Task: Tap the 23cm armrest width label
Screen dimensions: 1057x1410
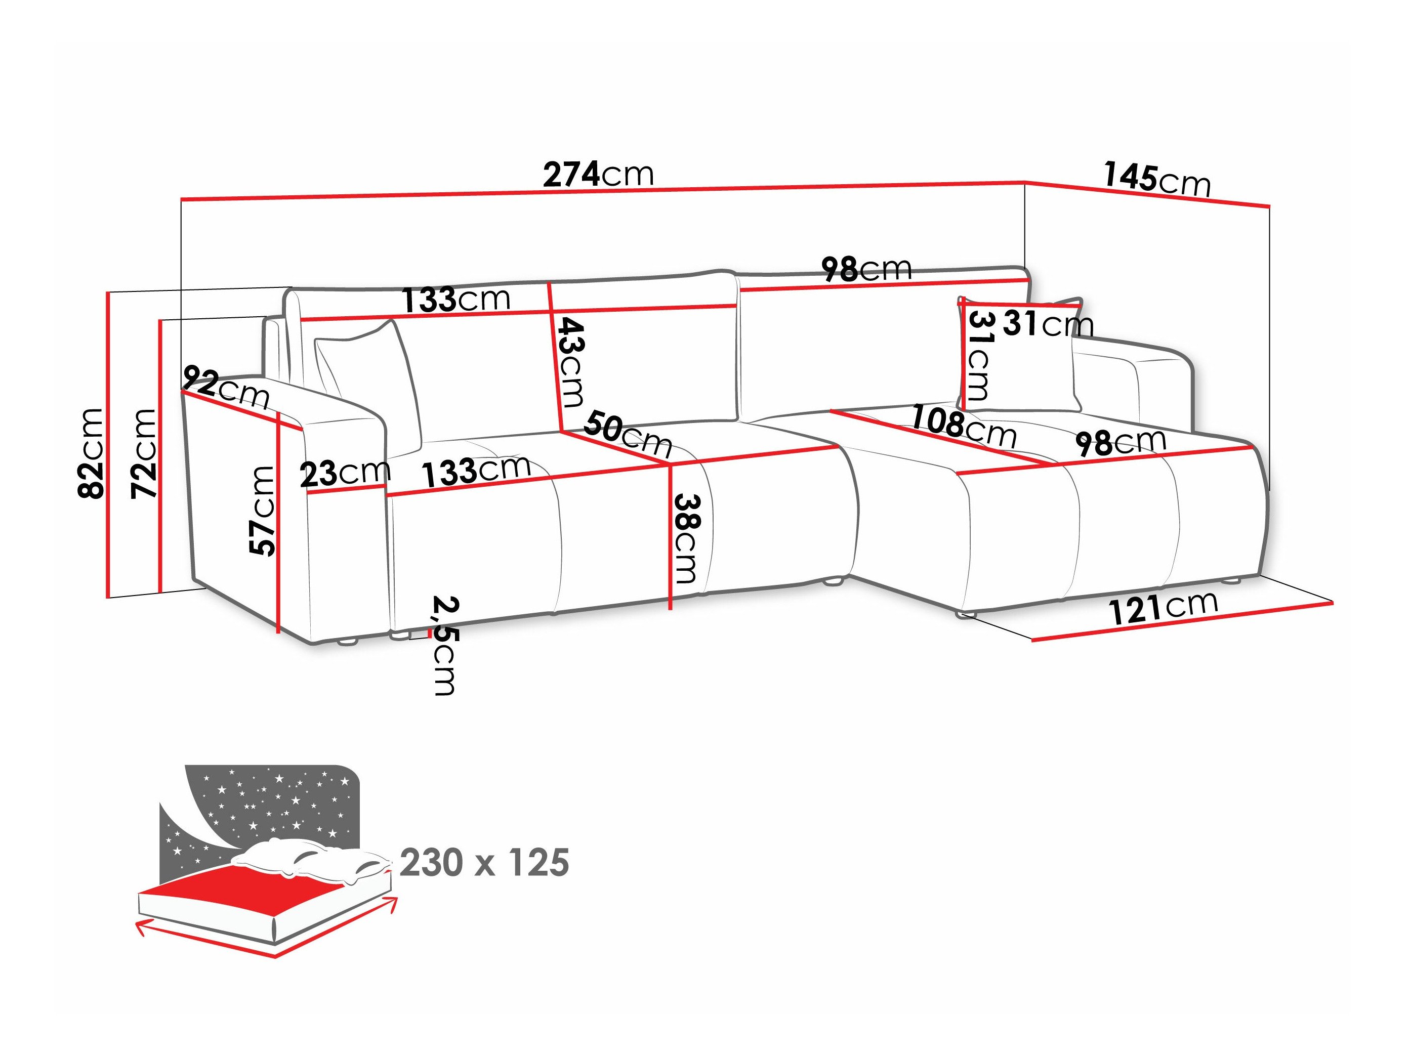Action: (x=344, y=474)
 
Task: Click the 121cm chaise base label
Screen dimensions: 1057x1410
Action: (x=1164, y=607)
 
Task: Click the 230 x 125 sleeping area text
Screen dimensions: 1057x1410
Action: (x=484, y=863)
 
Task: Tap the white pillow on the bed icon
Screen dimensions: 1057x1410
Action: (x=306, y=858)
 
